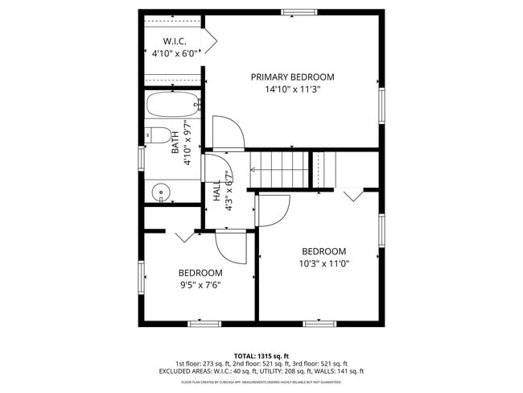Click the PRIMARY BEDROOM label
(292, 77)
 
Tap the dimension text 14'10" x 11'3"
(292, 90)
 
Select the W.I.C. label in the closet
(175, 41)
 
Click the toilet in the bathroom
(160, 135)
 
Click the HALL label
(216, 192)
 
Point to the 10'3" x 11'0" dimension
(324, 263)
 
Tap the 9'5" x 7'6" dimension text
(200, 284)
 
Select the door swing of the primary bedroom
(227, 132)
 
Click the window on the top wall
(299, 12)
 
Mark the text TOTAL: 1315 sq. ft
(261, 355)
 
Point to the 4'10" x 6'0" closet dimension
(175, 53)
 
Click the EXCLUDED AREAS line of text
(261, 371)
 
